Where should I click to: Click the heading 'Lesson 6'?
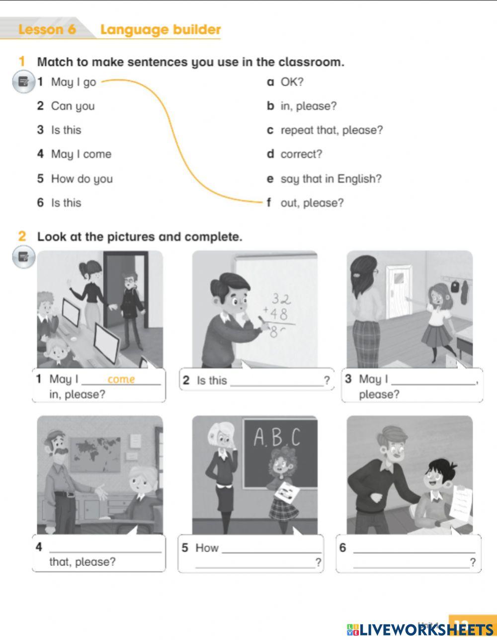point(47,30)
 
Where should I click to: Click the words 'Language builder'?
point(160,30)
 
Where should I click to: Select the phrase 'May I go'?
point(73,82)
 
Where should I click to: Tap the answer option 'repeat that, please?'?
point(331,130)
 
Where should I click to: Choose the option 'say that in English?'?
point(331,179)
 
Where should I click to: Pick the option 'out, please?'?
point(312,203)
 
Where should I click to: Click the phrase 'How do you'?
point(82,179)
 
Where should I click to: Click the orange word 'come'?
point(121,380)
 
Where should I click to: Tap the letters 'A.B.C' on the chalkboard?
point(277,438)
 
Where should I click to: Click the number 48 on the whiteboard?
point(278,314)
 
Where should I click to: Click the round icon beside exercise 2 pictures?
point(23,257)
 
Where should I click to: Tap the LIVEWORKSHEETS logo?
point(420,629)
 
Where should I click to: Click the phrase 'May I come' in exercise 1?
point(81,155)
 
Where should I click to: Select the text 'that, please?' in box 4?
point(83,562)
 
